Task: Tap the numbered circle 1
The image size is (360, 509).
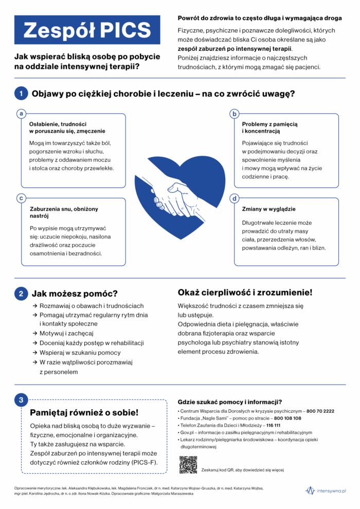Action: tap(21, 94)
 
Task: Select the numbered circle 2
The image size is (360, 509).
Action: tap(21, 294)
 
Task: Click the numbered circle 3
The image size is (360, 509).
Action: tap(21, 399)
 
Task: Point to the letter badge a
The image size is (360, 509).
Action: tap(21, 113)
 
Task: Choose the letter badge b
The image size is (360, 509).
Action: tap(235, 113)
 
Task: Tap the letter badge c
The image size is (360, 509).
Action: tap(21, 198)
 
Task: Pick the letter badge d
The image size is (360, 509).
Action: tap(235, 198)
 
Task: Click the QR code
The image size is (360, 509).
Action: tap(188, 465)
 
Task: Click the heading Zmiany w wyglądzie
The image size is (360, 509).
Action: tap(268, 209)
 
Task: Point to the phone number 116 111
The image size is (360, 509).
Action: tap(273, 426)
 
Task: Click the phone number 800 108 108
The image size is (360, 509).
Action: tap(287, 419)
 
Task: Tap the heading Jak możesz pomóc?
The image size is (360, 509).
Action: tap(75, 294)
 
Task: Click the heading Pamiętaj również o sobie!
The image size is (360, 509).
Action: tap(84, 412)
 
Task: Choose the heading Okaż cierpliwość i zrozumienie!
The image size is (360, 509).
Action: tap(245, 293)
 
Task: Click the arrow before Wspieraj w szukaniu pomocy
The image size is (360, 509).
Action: tap(34, 353)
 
